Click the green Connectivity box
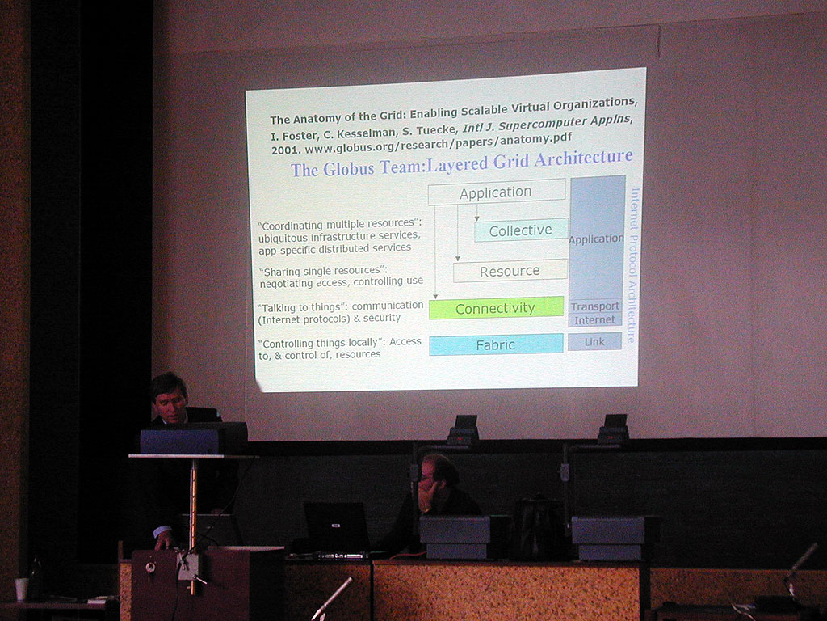[497, 308]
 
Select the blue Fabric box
[496, 344]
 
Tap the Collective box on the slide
[521, 230]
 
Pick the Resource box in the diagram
[510, 271]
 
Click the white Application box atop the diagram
[497, 192]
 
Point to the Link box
[594, 342]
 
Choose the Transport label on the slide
[595, 306]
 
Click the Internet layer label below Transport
[595, 320]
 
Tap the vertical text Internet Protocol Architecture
[633, 264]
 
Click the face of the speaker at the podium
[170, 404]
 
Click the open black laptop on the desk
[337, 529]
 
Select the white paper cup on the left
[21, 589]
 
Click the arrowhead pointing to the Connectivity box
[435, 296]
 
